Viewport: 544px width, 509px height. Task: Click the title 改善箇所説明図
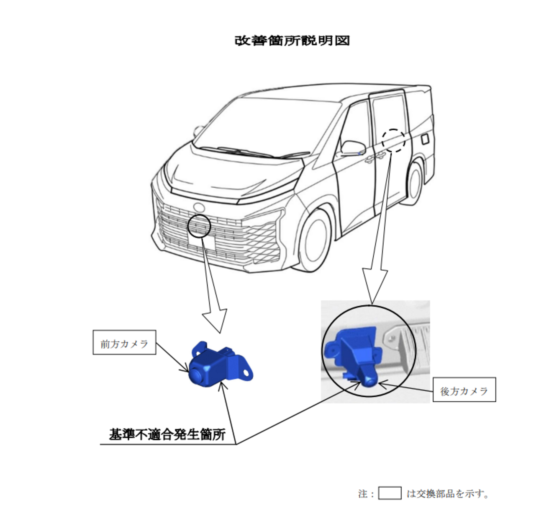292,41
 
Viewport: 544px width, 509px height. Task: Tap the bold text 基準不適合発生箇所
167,434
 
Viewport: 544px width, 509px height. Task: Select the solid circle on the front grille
188,226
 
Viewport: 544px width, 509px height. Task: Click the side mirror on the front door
353,148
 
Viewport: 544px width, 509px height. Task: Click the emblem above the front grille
199,207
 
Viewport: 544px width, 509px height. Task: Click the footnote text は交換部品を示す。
447,493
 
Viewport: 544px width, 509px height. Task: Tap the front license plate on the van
201,243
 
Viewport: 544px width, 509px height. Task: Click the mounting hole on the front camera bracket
246,372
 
